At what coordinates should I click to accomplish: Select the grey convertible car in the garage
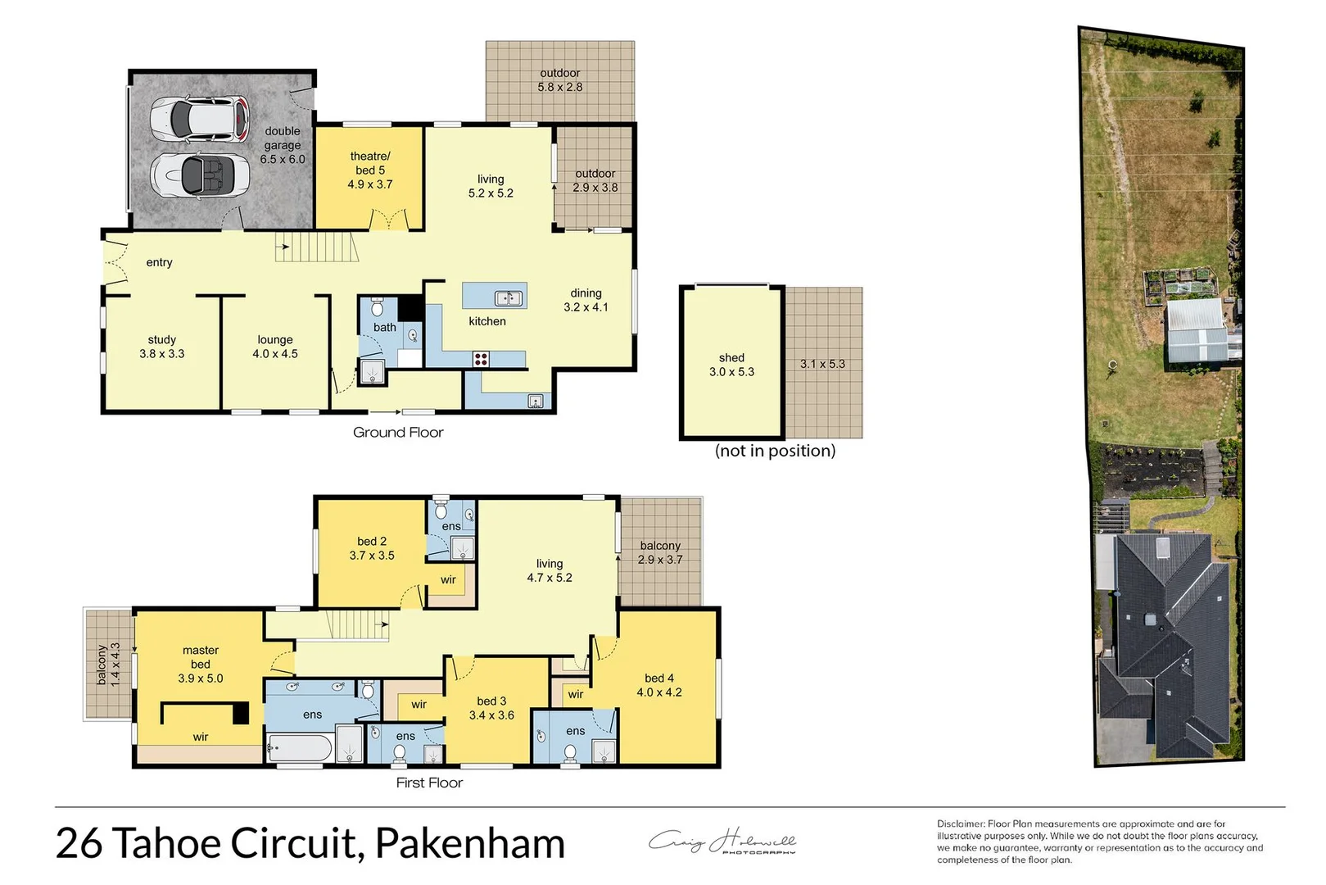pos(201,175)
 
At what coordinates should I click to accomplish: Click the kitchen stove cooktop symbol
pos(481,358)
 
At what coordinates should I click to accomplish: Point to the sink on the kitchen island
pos(509,297)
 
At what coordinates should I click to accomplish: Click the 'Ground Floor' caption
pos(398,432)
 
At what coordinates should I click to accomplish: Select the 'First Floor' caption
pos(429,783)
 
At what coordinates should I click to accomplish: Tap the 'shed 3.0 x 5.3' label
pos(731,365)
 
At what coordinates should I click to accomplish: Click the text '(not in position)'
pos(775,451)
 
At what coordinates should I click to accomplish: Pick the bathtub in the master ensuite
pos(300,747)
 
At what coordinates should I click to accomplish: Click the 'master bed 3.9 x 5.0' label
pos(201,664)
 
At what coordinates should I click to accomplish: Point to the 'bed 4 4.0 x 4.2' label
pos(659,685)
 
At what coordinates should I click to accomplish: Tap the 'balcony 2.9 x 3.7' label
pos(660,552)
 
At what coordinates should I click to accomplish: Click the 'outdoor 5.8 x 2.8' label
pos(560,80)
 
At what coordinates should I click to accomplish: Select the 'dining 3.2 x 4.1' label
pos(586,300)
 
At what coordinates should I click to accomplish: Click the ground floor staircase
pos(316,247)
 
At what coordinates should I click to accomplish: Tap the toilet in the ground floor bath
pos(377,307)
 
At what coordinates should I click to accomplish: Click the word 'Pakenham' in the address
pos(470,843)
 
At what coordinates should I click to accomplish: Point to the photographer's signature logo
pos(722,842)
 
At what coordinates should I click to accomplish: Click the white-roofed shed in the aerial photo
pos(1197,331)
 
